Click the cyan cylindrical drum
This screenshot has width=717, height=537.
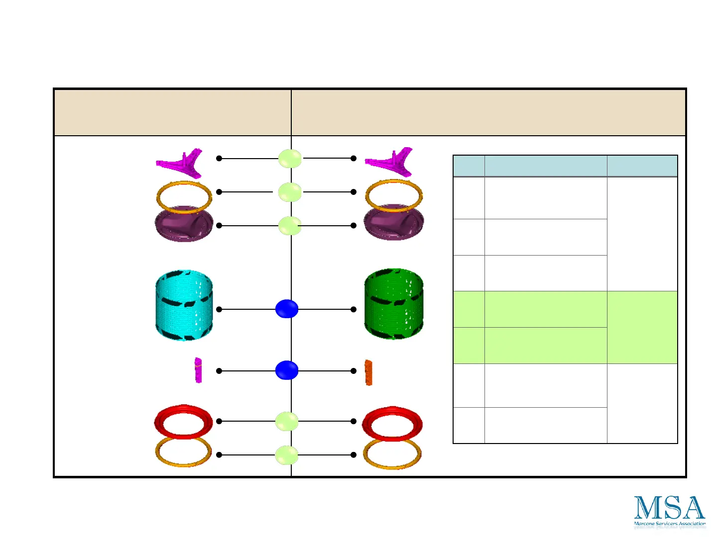pos(184,305)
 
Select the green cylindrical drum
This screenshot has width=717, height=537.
pos(393,304)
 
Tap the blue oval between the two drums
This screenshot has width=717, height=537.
pos(287,309)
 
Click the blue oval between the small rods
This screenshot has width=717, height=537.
pos(287,370)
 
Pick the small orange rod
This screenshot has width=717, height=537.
pos(368,372)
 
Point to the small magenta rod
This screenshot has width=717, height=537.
pos(198,370)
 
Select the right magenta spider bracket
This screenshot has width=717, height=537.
pos(391,162)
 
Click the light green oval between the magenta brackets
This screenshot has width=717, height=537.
pos(290,159)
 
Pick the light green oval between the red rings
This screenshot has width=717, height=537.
pos(287,422)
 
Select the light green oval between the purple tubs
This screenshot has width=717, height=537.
pos(290,226)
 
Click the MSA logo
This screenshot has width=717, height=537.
pos(670,511)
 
